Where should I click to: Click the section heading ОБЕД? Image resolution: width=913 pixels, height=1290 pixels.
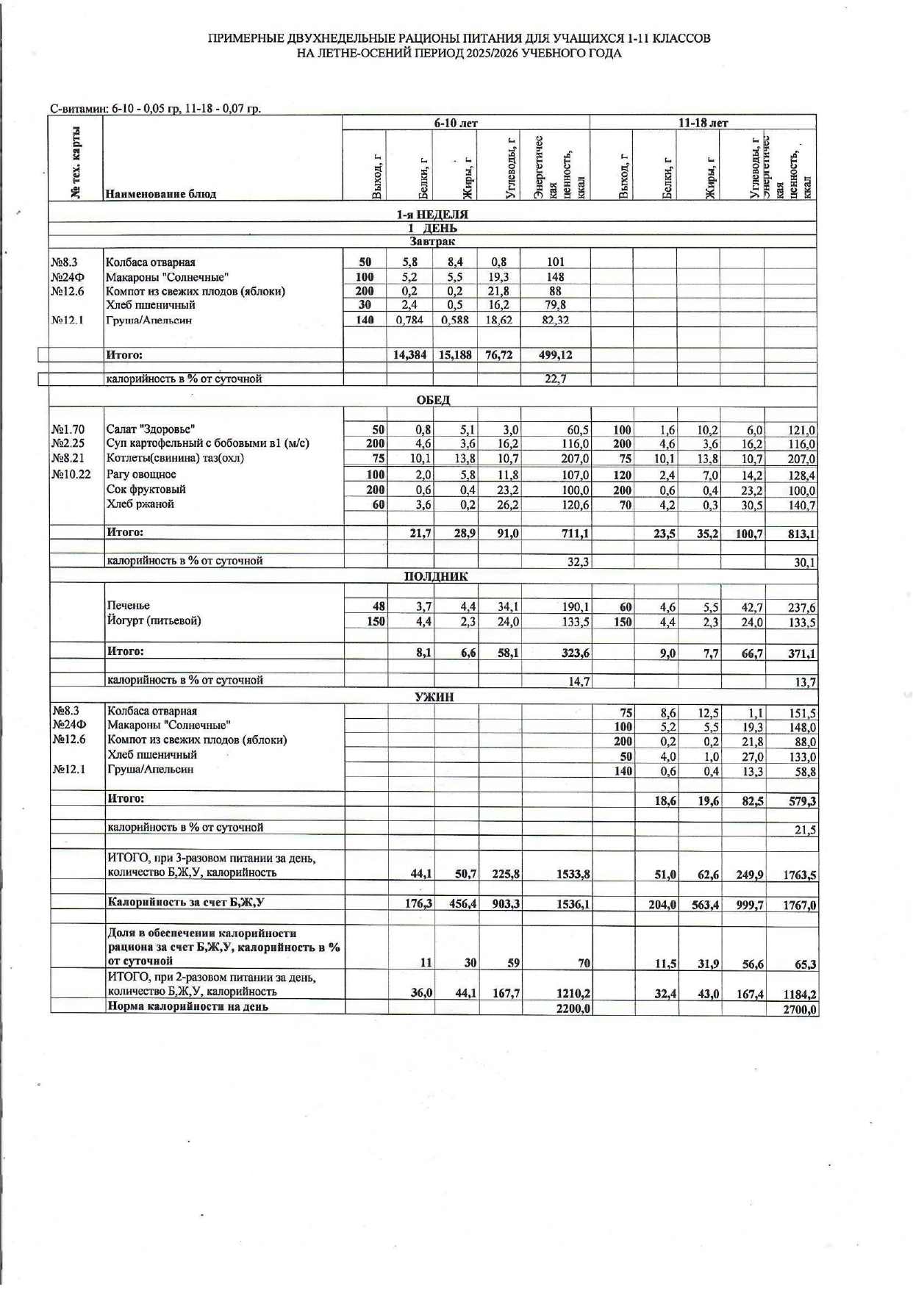(x=433, y=400)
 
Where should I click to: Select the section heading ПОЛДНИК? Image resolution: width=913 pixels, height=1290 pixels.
(x=436, y=577)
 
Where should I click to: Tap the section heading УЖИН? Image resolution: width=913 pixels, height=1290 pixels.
(x=434, y=697)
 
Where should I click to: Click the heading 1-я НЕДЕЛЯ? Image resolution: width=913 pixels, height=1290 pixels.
(x=432, y=215)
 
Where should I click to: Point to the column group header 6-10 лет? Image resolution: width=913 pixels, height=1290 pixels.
(x=456, y=123)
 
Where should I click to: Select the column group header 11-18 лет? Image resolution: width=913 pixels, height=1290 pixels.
(x=703, y=123)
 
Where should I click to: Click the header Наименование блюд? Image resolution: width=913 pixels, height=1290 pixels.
(x=161, y=194)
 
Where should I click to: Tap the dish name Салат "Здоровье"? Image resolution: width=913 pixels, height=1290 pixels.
(x=151, y=429)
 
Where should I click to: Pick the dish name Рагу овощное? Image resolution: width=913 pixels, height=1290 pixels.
(x=141, y=474)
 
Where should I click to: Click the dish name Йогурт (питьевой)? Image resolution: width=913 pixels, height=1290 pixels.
(x=154, y=620)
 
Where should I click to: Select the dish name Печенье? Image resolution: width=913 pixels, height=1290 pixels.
(x=129, y=606)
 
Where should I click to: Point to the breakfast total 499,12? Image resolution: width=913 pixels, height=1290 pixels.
(x=556, y=355)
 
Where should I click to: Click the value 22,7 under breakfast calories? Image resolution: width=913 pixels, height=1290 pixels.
(x=556, y=379)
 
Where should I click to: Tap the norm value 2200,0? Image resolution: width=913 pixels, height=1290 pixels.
(x=573, y=1008)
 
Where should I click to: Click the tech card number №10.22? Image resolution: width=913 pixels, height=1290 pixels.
(x=71, y=474)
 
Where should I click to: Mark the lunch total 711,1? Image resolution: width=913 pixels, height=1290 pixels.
(x=574, y=534)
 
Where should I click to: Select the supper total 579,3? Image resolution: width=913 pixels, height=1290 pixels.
(x=802, y=801)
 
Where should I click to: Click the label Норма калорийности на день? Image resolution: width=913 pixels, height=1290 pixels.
(x=187, y=1006)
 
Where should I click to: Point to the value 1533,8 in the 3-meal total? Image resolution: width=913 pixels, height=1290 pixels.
(x=573, y=875)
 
